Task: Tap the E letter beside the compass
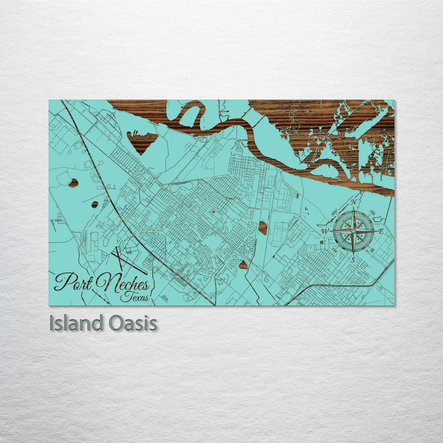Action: [x=381, y=231]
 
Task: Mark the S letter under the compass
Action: [x=353, y=260]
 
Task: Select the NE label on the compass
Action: [x=373, y=212]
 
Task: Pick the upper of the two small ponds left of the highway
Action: [x=73, y=183]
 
